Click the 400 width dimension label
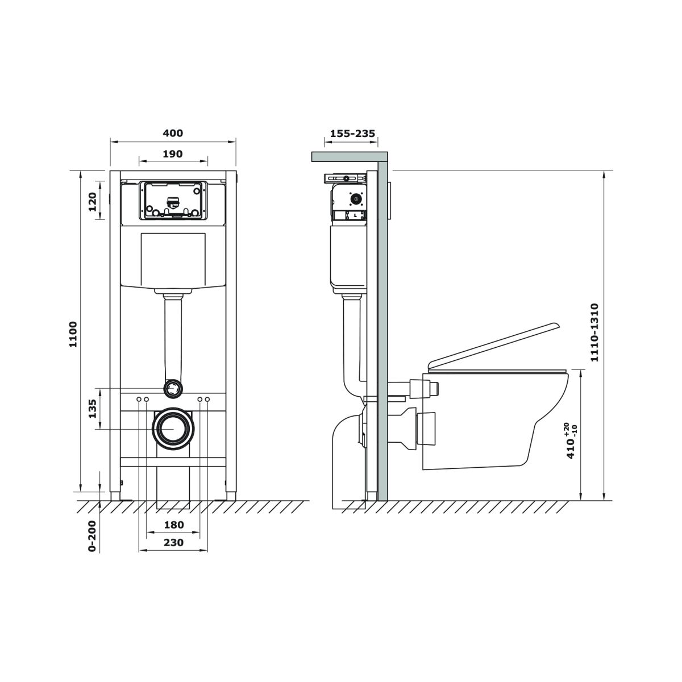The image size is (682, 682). tap(173, 133)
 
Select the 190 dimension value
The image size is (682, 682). tap(173, 154)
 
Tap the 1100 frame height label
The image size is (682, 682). tap(73, 334)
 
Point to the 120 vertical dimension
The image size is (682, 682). tap(92, 201)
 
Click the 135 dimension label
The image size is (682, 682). tap(92, 409)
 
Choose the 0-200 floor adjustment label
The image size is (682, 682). tap(92, 536)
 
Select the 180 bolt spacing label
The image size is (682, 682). tap(174, 525)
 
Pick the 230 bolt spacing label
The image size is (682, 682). tap(174, 542)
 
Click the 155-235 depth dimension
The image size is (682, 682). tap(352, 134)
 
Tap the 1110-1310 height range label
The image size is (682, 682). tap(594, 332)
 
